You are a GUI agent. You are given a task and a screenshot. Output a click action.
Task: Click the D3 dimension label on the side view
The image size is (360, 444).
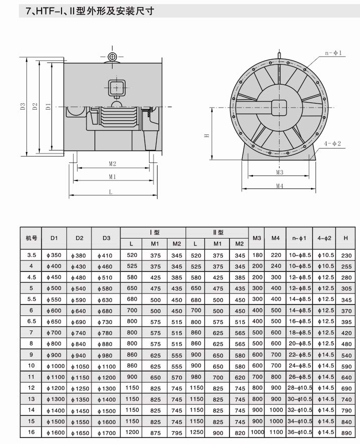pyautogui.click(x=22, y=106)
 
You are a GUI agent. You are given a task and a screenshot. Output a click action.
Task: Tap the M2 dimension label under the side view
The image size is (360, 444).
pyautogui.click(x=112, y=163)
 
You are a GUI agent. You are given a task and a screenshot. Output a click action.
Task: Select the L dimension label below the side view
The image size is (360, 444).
pyautogui.click(x=110, y=191)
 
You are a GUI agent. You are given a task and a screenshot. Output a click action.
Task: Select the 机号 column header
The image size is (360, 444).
pyautogui.click(x=31, y=238)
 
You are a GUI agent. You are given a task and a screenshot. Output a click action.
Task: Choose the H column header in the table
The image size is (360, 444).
pyautogui.click(x=345, y=238)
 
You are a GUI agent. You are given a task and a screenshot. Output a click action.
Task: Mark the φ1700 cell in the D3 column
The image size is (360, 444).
pyautogui.click(x=106, y=432)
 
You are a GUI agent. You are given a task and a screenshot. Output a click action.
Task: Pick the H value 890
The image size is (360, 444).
pyautogui.click(x=346, y=432)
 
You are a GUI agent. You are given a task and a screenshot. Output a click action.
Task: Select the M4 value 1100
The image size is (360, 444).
pyautogui.click(x=275, y=432)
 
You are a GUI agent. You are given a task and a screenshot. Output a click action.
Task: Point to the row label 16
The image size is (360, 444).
pyautogui.click(x=31, y=432)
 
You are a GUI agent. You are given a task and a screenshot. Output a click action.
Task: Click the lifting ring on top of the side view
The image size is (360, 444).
pyautogui.click(x=112, y=57)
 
